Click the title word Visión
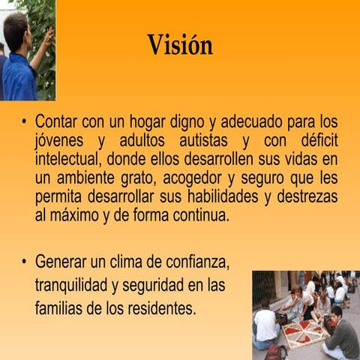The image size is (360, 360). pyautogui.click(x=179, y=45)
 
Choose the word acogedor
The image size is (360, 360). pyautogui.click(x=189, y=178)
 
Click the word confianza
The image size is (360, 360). pyautogui.click(x=193, y=263)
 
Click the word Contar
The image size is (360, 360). pyautogui.click(x=57, y=121)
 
